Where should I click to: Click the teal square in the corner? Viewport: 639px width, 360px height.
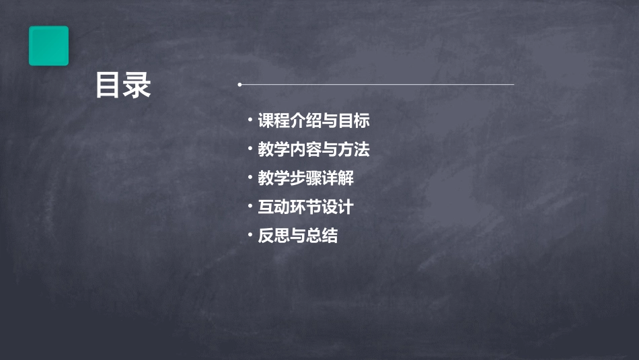tap(48, 46)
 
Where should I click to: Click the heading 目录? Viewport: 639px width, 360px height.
tap(122, 85)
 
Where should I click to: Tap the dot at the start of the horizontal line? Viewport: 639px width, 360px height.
tap(239, 85)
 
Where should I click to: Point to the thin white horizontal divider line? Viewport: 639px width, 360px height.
tap(377, 85)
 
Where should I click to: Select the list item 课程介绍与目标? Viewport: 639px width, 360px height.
tap(313, 121)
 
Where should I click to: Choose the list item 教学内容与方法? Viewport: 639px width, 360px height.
tap(313, 149)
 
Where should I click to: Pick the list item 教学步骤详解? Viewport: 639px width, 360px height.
tap(305, 178)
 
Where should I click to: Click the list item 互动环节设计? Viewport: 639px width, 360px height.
tap(305, 207)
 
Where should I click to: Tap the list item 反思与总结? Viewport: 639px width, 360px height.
tap(297, 236)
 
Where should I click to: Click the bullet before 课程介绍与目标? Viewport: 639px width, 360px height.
tap(250, 120)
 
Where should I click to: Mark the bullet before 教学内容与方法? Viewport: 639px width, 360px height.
tap(250, 149)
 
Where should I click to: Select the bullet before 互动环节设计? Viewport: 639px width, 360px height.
tap(250, 207)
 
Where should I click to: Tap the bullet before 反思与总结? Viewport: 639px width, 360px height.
tap(250, 236)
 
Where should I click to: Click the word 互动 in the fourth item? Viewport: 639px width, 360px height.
tap(274, 207)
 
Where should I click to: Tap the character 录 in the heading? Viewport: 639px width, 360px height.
tap(137, 85)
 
